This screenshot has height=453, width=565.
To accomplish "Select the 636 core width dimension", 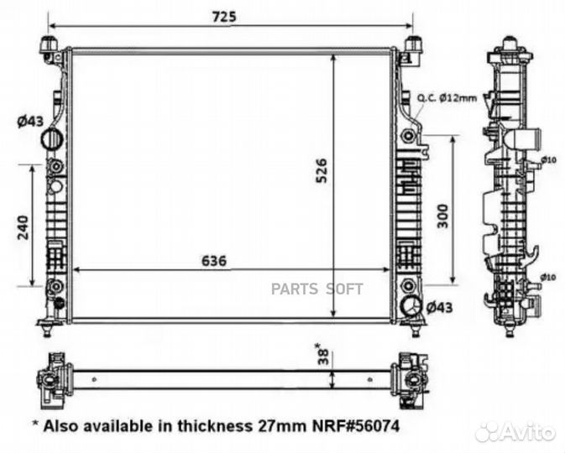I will coord(214,260).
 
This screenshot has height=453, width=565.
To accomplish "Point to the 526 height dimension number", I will coord(321,173).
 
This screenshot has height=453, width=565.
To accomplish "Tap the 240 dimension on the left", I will coord(23,226).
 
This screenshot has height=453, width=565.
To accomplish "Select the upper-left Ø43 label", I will coord(29,122).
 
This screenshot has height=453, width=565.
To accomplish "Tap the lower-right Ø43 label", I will coord(438,308).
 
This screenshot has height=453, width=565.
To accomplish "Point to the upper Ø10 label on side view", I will coord(549,159).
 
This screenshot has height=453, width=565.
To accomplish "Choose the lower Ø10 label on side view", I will coord(549,276).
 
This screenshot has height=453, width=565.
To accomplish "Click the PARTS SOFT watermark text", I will coord(317,289).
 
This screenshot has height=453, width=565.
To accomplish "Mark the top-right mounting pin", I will coord(413,44).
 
